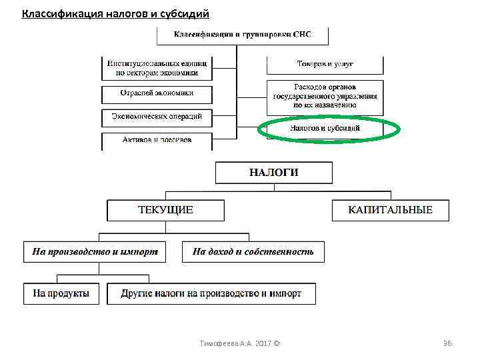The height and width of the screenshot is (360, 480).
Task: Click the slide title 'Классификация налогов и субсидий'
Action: (115, 13)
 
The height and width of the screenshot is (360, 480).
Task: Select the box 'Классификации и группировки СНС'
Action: (242, 34)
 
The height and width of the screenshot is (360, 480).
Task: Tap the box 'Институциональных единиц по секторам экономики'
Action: (157, 67)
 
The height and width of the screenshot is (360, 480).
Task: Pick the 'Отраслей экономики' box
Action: (157, 93)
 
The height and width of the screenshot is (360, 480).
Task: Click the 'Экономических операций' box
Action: (157, 117)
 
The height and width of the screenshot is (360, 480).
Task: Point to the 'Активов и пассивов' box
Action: (157, 140)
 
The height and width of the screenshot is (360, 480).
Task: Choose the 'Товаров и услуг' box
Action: (325, 64)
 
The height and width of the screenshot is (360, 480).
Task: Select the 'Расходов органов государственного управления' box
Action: (325, 96)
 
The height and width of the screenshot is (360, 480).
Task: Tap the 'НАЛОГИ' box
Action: (273, 173)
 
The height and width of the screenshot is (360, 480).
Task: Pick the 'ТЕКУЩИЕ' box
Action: (165, 210)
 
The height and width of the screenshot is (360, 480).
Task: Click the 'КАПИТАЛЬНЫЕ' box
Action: (390, 210)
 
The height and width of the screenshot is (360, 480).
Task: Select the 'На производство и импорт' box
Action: (95, 252)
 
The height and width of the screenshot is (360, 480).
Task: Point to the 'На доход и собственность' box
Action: (253, 252)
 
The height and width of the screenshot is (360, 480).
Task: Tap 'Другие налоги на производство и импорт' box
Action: (211, 293)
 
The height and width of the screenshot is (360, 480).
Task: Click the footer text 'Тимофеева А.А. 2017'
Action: (236, 343)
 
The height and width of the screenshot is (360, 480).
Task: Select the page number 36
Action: (447, 343)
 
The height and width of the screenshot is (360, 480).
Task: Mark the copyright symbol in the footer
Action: (277, 343)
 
